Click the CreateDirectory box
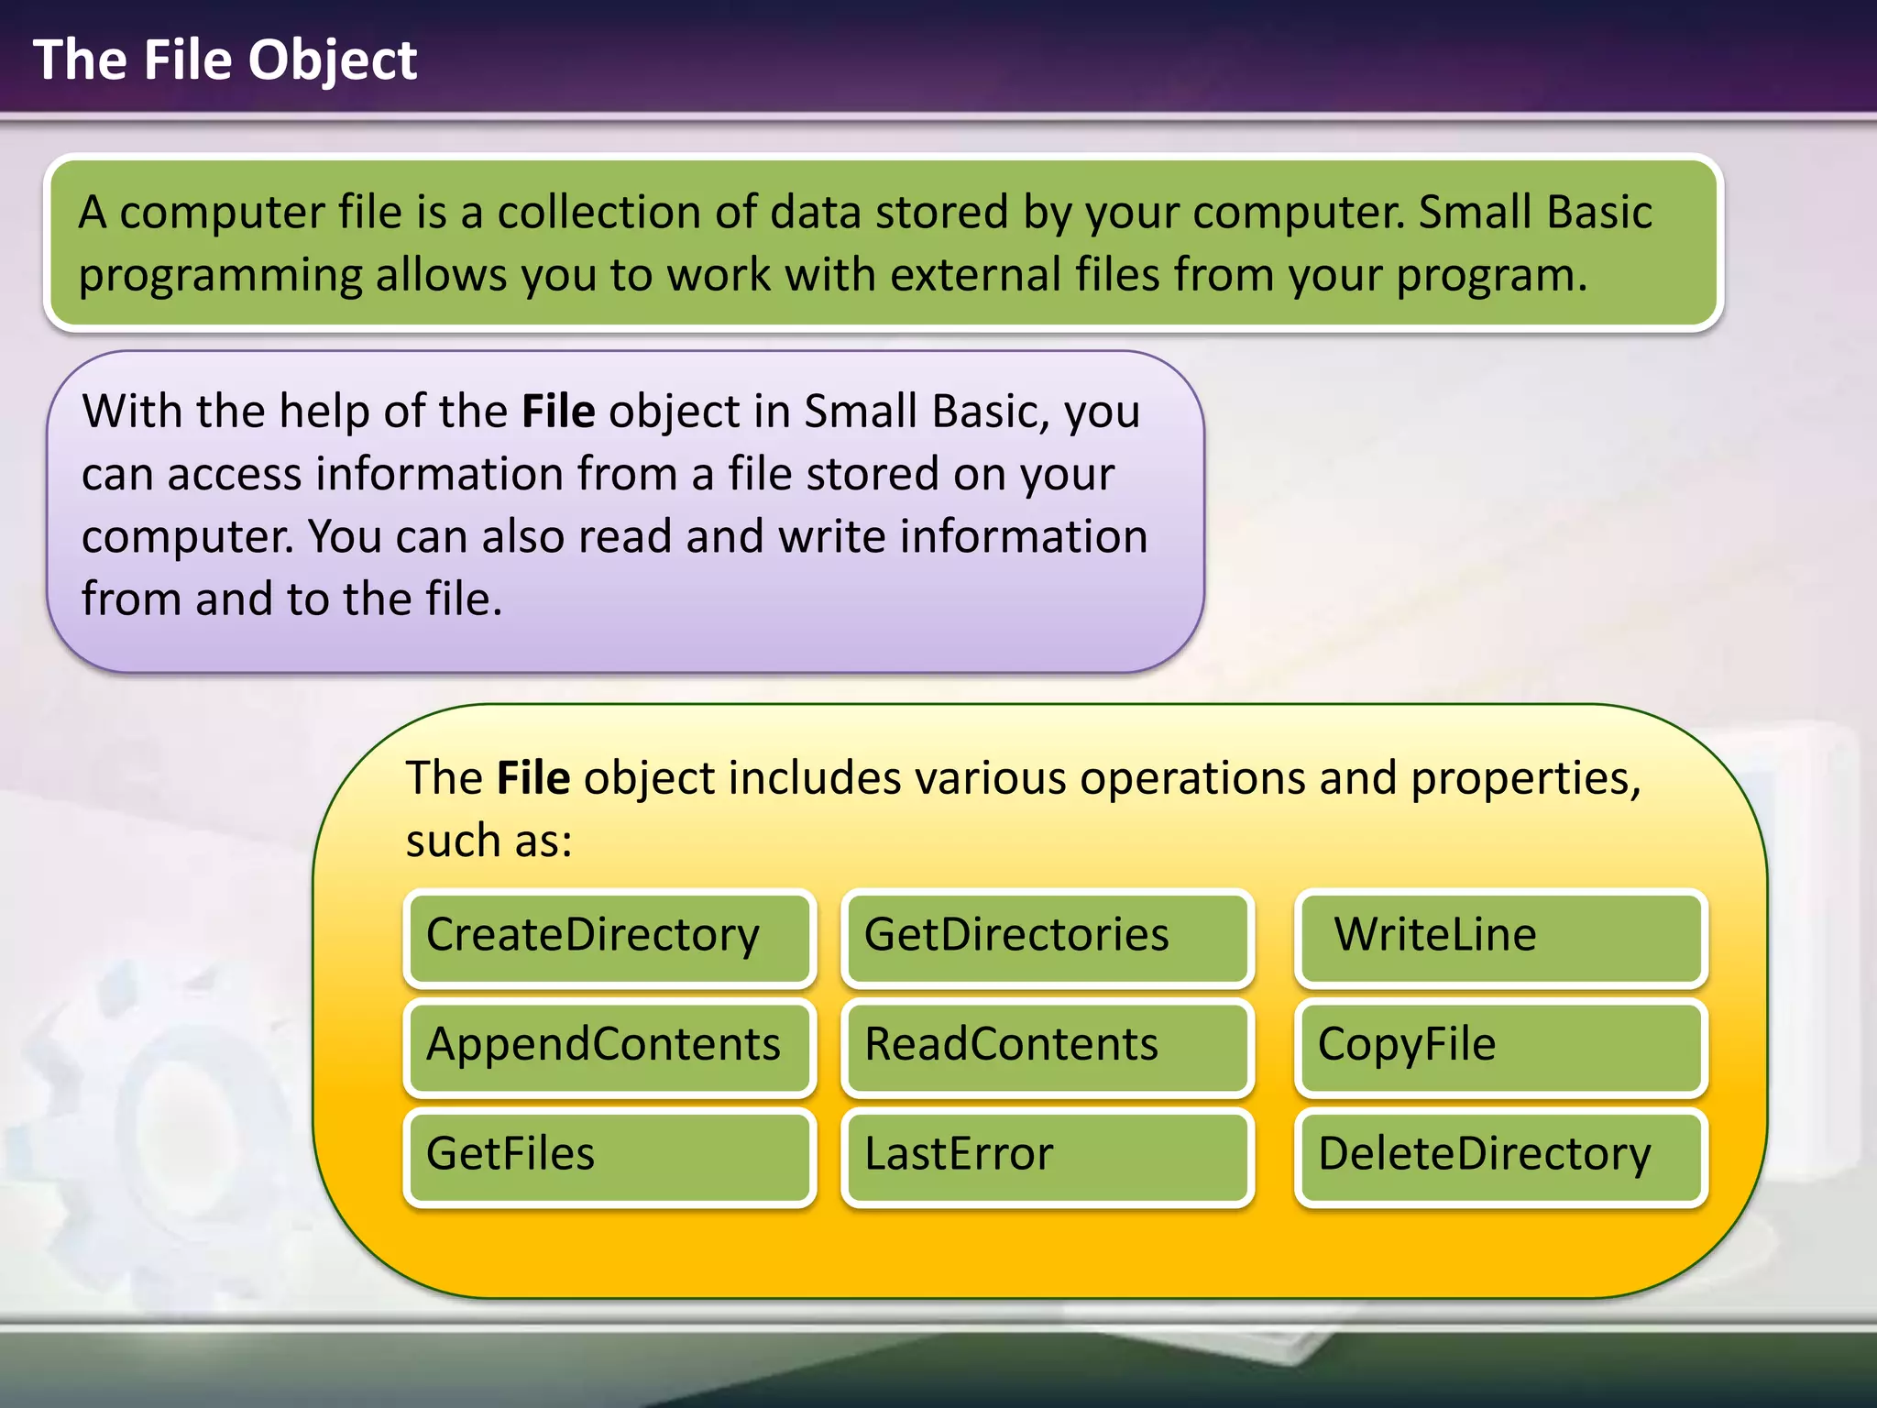[609, 938]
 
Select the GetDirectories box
[1047, 938]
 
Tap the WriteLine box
[1500, 938]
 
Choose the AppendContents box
[609, 1047]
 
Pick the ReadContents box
[1047, 1047]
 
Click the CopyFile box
[1500, 1047]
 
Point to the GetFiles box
[609, 1156]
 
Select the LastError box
[1047, 1156]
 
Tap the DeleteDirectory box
[1500, 1156]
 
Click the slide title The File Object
[225, 60]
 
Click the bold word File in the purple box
[558, 412]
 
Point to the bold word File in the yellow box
[533, 778]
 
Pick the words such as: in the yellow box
[488, 841]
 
